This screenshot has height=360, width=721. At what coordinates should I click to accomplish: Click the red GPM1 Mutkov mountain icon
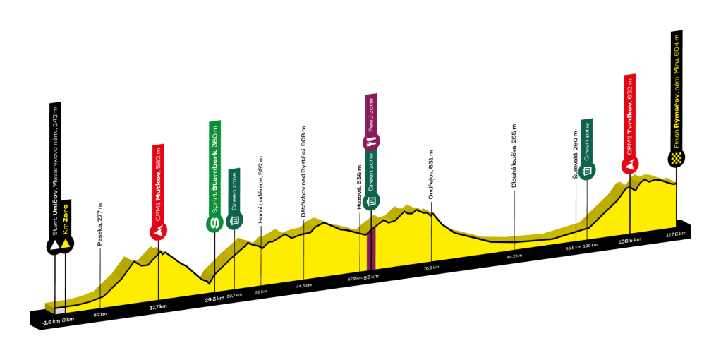coord(160,231)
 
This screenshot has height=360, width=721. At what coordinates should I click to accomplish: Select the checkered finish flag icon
coord(677,158)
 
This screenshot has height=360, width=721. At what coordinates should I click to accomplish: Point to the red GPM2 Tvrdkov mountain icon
coord(630,164)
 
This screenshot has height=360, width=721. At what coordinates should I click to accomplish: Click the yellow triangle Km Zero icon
coord(66,245)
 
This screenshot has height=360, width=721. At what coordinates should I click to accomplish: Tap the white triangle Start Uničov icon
coord(54,245)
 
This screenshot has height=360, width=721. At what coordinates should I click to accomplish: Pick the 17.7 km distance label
coord(159,306)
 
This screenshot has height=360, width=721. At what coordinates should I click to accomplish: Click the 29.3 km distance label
coord(214,299)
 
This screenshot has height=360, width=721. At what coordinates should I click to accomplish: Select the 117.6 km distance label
coord(676,234)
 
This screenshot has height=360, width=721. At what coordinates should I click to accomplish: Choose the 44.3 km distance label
coord(303,285)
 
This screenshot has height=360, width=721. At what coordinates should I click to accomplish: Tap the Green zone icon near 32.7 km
coord(234,221)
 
